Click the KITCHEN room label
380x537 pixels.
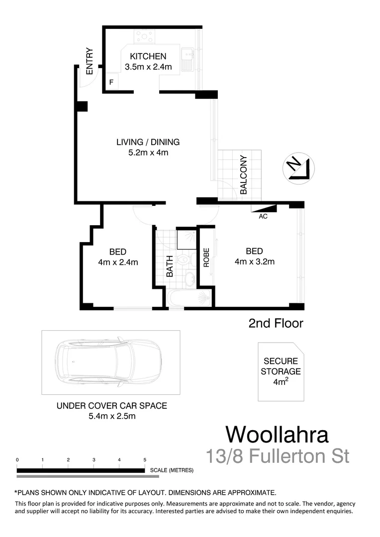(x=148, y=56)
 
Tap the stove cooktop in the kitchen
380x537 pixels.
(x=144, y=36)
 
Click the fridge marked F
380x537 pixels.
(x=111, y=82)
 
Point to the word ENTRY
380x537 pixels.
(x=90, y=61)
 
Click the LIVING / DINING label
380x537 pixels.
(x=148, y=142)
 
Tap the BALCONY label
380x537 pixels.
(x=244, y=175)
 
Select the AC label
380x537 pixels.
(x=263, y=216)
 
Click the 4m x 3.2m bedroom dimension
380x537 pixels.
(x=254, y=262)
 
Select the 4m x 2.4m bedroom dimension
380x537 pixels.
(x=118, y=262)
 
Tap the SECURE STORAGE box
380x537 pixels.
(x=282, y=372)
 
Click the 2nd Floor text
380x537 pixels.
(x=276, y=324)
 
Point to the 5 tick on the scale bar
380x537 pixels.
(x=145, y=460)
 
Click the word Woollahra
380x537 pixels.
(x=277, y=434)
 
